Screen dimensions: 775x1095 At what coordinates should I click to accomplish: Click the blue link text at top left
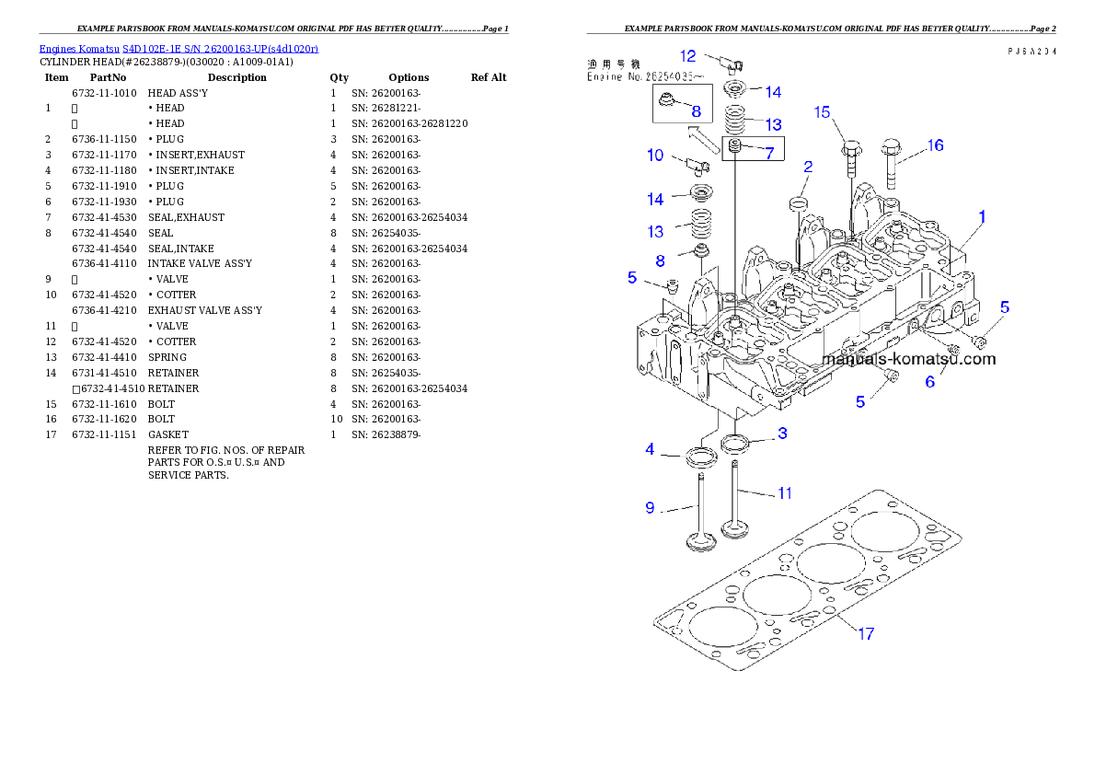(179, 49)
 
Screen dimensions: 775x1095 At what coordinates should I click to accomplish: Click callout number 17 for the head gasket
(866, 633)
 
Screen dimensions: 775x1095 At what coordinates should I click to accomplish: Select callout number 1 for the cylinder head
(982, 217)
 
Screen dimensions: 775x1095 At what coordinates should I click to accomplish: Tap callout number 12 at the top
(688, 56)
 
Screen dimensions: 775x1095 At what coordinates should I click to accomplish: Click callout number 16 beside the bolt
(935, 145)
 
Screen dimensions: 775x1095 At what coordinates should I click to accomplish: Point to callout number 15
(822, 112)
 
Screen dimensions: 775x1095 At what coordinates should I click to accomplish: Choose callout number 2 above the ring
(807, 167)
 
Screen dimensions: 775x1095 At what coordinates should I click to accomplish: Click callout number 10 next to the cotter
(655, 155)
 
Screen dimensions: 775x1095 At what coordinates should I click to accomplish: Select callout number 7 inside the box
(768, 153)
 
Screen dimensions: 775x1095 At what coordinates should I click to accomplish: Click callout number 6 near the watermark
(930, 382)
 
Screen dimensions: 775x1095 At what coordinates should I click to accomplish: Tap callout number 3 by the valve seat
(781, 433)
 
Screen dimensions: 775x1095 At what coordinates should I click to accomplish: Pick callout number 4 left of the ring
(650, 449)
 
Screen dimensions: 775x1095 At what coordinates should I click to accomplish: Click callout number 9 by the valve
(650, 507)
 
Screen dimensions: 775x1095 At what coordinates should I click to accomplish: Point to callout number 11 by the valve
(784, 493)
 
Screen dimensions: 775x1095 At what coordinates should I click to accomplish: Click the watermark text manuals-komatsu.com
(908, 359)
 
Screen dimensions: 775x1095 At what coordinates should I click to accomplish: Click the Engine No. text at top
(639, 77)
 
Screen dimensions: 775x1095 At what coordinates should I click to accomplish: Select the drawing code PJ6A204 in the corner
(1031, 52)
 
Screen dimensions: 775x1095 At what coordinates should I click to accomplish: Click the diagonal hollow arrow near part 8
(705, 138)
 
